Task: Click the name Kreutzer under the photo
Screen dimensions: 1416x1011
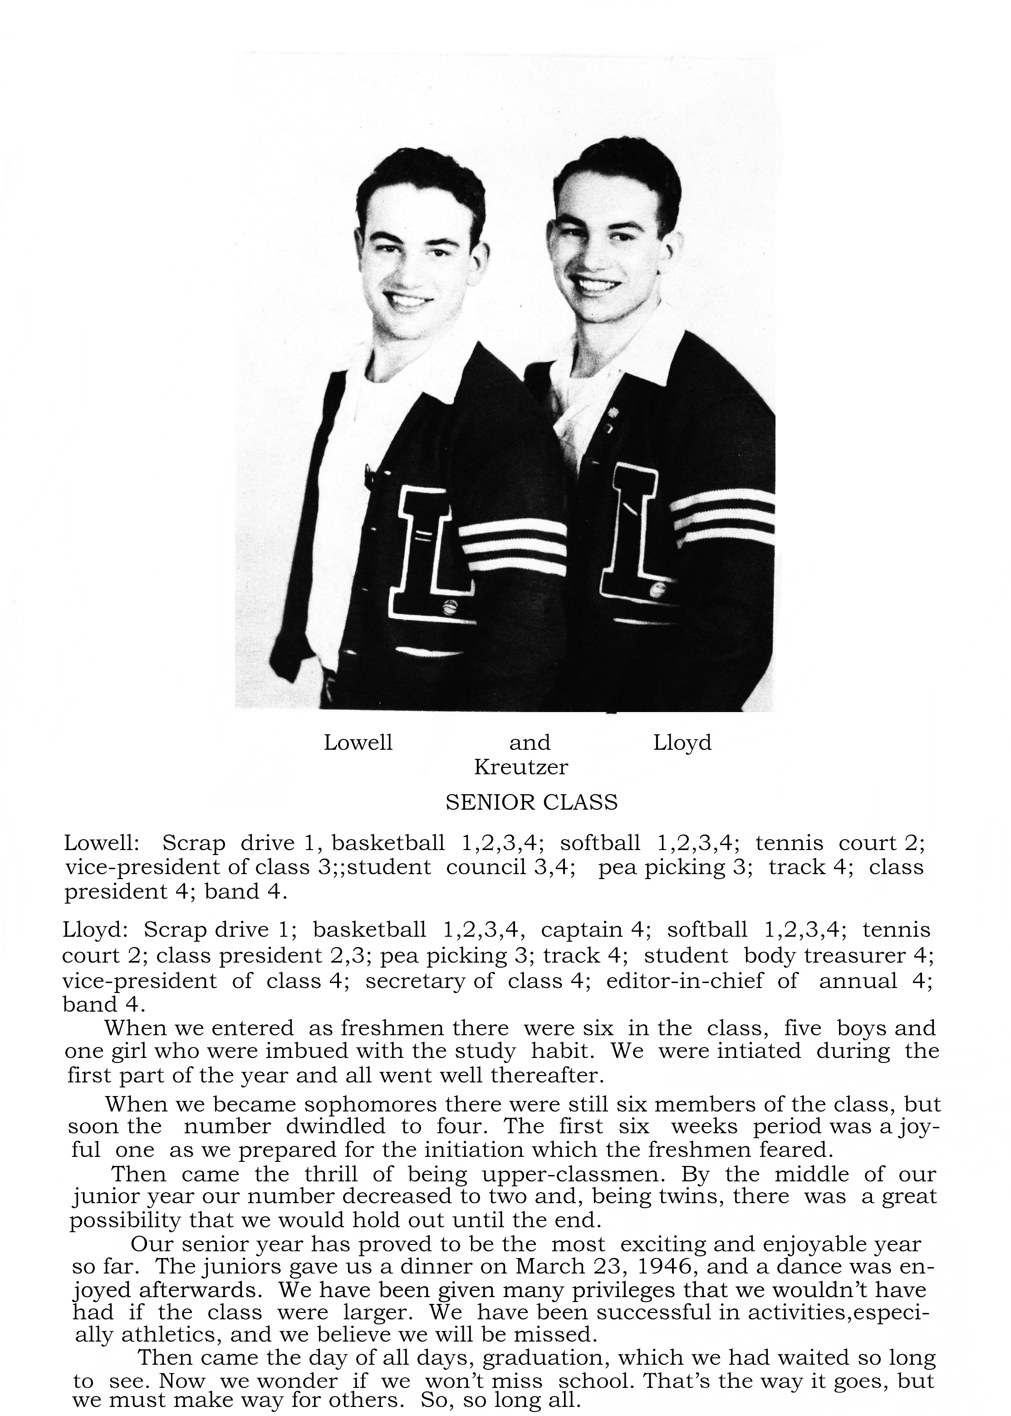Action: [520, 767]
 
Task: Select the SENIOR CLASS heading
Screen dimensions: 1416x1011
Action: [532, 802]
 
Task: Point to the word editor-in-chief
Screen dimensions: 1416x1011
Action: [684, 981]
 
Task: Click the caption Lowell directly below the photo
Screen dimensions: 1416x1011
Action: [358, 742]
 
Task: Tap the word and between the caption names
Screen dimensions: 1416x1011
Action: [530, 742]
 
